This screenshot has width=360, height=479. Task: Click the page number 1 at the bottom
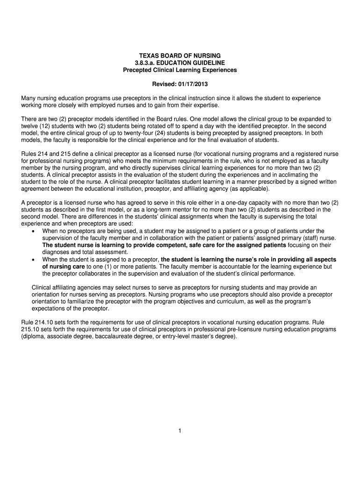point(180,431)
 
